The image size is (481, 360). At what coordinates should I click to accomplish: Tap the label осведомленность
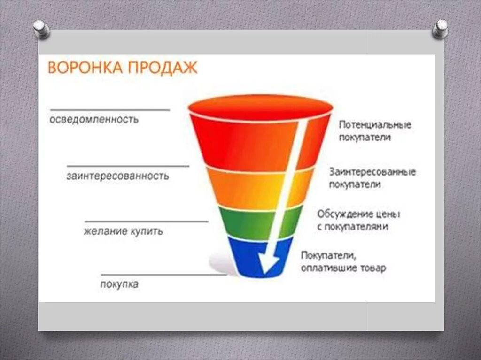[94, 119]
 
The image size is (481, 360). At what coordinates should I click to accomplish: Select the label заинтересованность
[117, 176]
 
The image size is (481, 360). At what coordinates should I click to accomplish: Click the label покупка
[119, 284]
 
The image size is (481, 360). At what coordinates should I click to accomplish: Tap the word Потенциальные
[375, 125]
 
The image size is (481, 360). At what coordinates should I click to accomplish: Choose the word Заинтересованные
[372, 172]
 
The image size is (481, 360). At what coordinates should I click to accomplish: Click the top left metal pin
[42, 29]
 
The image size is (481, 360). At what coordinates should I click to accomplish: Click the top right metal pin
[440, 29]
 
